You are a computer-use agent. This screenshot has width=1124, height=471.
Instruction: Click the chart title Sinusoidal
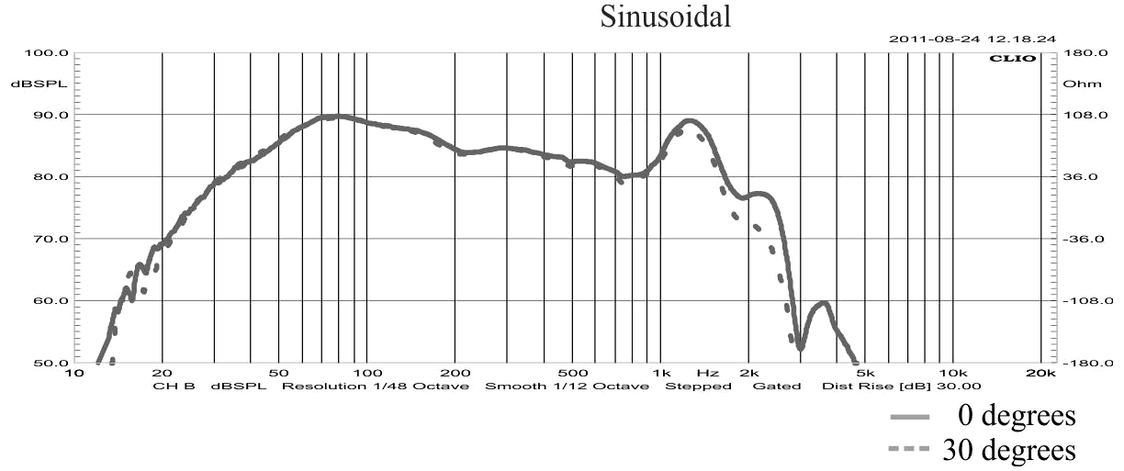click(x=666, y=17)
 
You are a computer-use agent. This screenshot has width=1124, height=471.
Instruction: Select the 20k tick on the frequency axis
click(x=1040, y=374)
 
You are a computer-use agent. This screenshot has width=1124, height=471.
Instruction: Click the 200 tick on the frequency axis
click(x=455, y=374)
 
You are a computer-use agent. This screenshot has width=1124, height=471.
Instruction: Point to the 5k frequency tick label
click(x=863, y=374)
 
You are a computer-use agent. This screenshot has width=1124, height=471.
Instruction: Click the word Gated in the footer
click(x=771, y=387)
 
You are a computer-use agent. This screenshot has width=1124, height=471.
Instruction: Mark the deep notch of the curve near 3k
click(x=801, y=347)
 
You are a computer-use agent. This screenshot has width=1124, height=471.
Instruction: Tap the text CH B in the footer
click(x=174, y=387)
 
